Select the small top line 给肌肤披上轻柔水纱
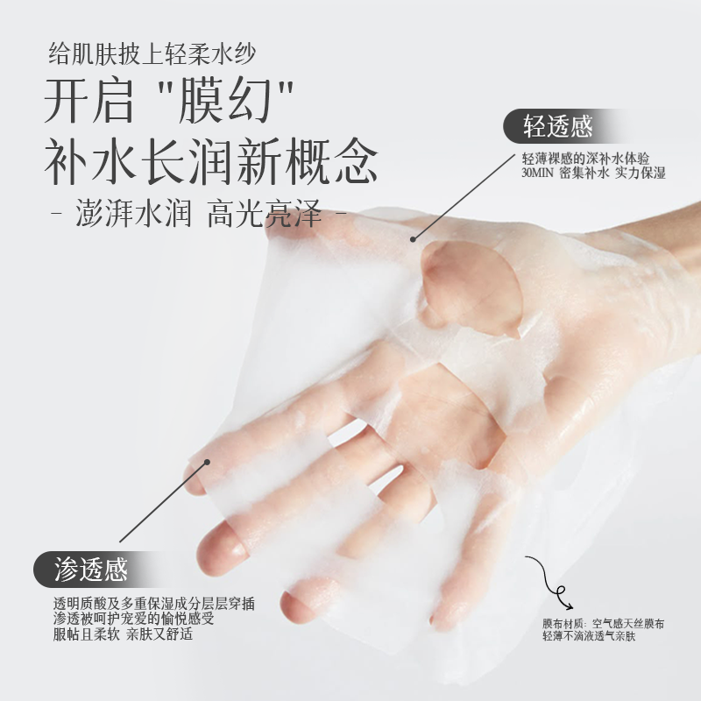152,53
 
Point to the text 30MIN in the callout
537,173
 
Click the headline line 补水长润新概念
211,161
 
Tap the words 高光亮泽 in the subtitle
265,213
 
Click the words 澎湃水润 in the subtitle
133,213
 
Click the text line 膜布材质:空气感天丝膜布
603,623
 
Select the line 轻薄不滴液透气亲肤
589,636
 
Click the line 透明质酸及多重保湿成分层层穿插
154,604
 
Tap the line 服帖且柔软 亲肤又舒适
123,634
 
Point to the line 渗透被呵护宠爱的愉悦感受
134,619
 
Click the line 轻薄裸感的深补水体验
585,159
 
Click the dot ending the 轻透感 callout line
413,239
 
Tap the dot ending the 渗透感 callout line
207,462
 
